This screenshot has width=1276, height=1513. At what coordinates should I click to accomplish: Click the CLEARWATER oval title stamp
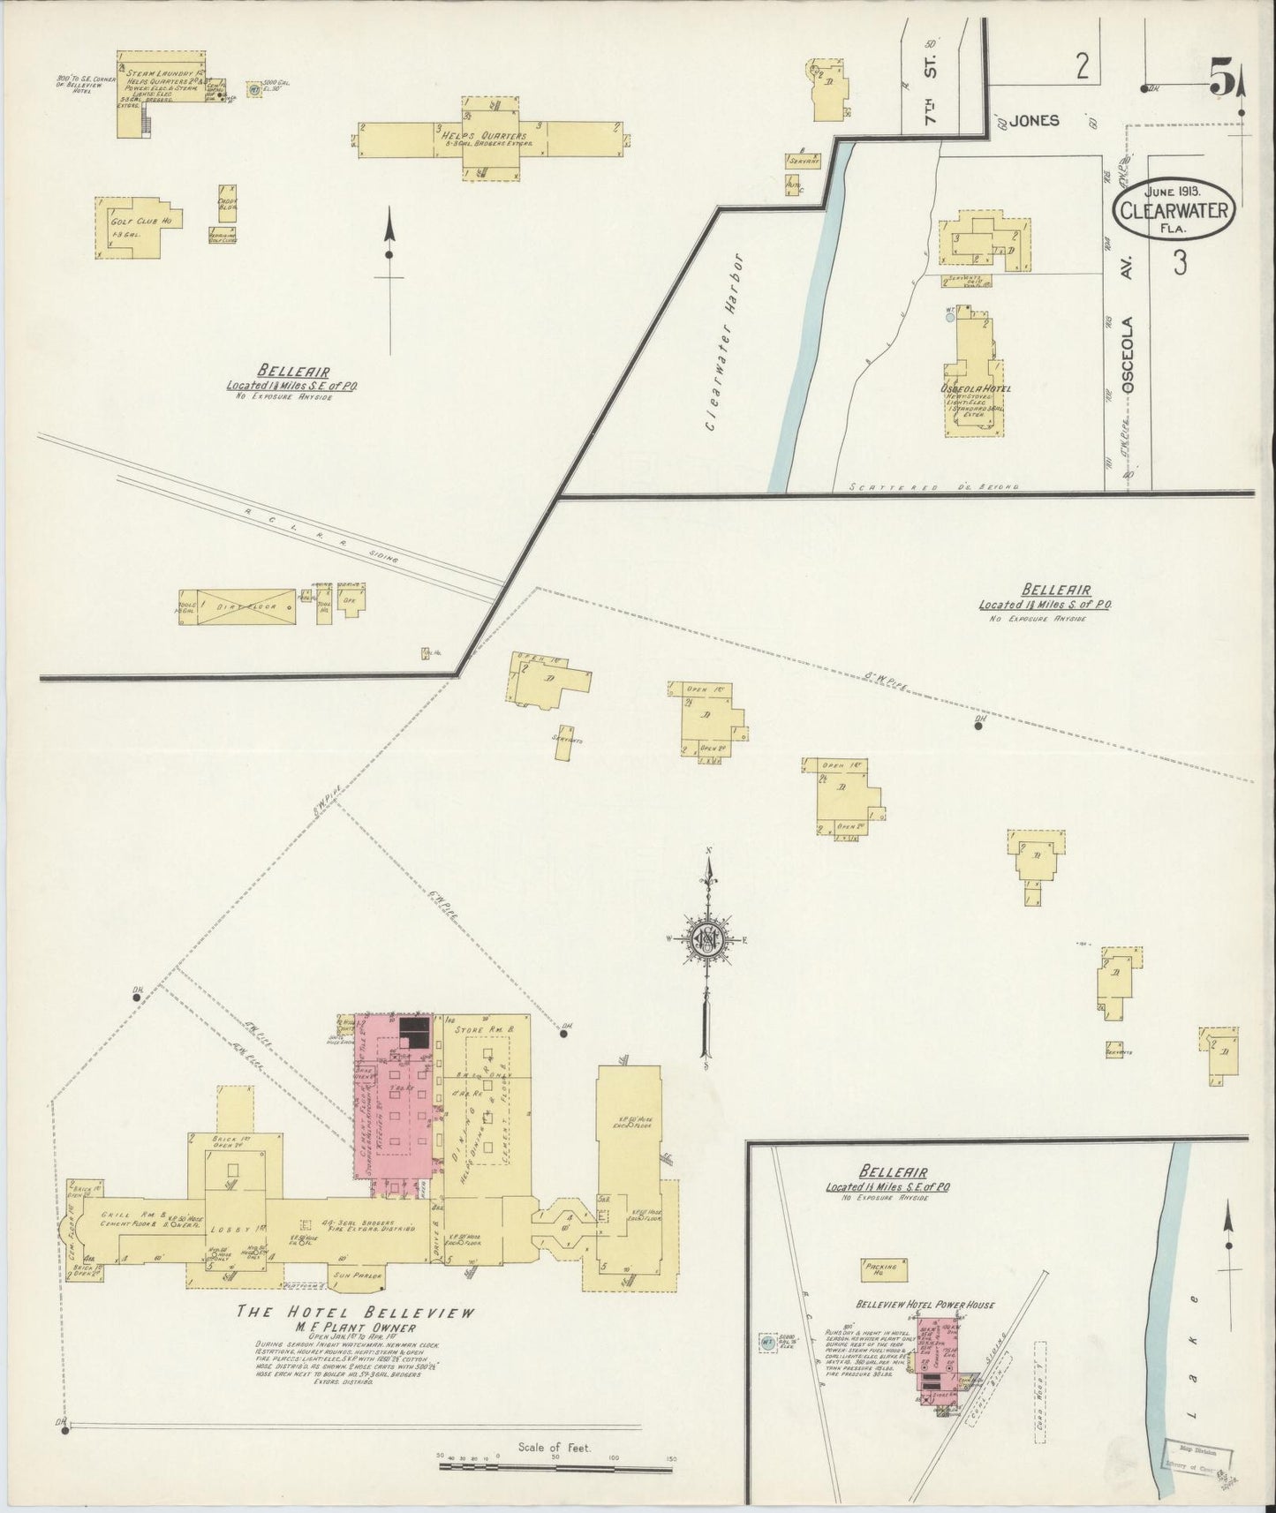1173,212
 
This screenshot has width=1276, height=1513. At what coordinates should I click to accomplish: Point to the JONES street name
1034,121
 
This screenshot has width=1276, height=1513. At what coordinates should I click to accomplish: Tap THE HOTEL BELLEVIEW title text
357,1313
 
